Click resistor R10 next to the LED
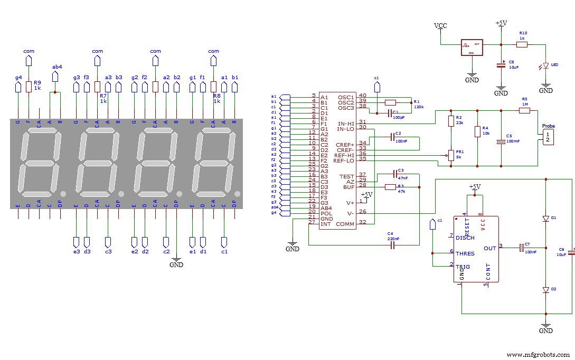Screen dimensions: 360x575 tap(522, 45)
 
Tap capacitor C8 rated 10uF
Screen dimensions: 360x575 tap(501, 65)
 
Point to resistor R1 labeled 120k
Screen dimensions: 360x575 tap(391, 102)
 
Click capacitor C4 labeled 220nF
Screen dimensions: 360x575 tap(392, 245)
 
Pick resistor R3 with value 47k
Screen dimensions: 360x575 tap(391, 187)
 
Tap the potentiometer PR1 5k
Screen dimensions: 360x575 tap(451, 155)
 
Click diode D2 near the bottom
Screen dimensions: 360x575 tap(546, 290)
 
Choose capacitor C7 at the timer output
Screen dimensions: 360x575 tap(521, 247)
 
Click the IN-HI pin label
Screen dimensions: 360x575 tap(345, 124)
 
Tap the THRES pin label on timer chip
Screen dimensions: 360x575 tap(465, 253)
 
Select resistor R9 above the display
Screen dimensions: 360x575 tap(29, 87)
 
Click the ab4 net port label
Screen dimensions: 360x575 tap(57, 67)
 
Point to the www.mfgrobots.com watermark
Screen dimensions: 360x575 tap(538, 354)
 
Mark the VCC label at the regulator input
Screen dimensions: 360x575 tap(440, 26)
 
